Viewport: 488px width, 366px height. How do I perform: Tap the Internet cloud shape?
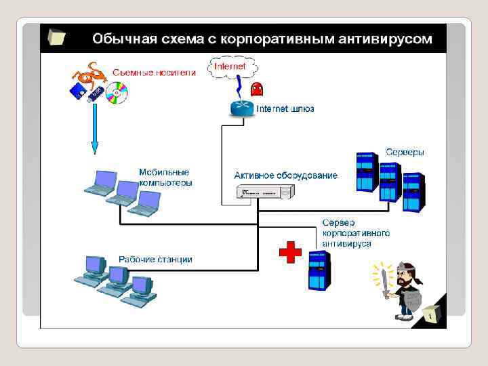pyautogui.click(x=233, y=67)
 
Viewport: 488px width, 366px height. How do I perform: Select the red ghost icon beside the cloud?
pyautogui.click(x=258, y=89)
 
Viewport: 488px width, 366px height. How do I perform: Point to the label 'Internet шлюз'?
pyautogui.click(x=285, y=108)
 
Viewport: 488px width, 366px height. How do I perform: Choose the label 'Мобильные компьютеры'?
pyautogui.click(x=165, y=177)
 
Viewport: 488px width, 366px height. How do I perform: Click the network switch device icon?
pyautogui.click(x=265, y=192)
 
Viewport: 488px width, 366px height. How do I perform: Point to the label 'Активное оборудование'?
pyautogui.click(x=285, y=176)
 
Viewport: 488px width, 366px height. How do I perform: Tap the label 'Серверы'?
pyautogui.click(x=405, y=152)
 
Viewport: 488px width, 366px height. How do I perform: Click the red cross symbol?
pyautogui.click(x=290, y=253)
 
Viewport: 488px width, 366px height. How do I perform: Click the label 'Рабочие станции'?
pyautogui.click(x=155, y=259)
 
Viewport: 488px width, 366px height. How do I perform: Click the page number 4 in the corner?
pyautogui.click(x=430, y=316)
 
